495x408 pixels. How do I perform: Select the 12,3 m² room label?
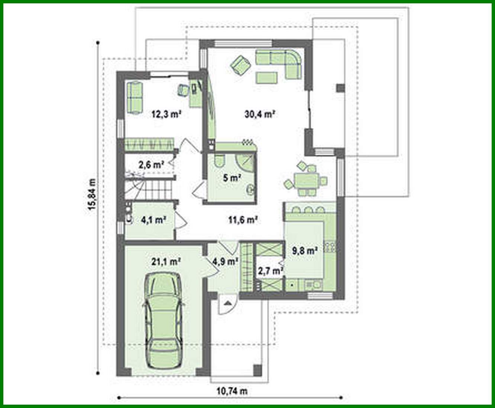pyautogui.click(x=166, y=114)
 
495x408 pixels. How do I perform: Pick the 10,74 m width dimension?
pyautogui.click(x=232, y=391)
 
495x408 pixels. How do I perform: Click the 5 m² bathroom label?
pyautogui.click(x=231, y=178)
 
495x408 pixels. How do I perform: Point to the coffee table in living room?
pyautogui.click(x=266, y=77)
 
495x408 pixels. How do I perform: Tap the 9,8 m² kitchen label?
pyautogui.click(x=305, y=251)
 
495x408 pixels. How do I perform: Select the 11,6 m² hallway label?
pyautogui.click(x=243, y=220)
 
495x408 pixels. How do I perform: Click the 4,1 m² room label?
pyautogui.click(x=153, y=220)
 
